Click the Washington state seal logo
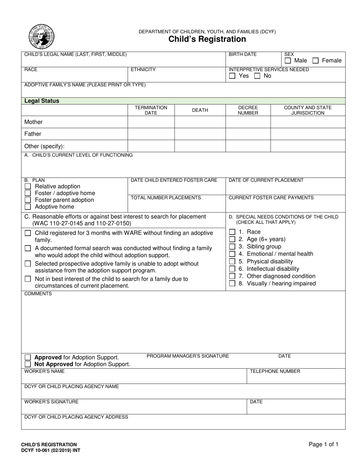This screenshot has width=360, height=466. (41, 36)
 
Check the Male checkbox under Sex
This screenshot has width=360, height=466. (288, 61)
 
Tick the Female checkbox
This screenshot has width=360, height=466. (316, 61)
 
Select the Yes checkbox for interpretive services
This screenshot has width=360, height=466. (232, 76)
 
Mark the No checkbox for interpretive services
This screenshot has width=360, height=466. (257, 76)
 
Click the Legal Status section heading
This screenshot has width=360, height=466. (42, 101)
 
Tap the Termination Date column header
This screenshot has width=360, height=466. (151, 110)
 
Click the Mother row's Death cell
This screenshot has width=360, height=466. (200, 122)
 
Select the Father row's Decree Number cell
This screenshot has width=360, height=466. (248, 134)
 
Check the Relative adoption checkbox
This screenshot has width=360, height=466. (28, 186)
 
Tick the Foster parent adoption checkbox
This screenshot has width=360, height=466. (28, 200)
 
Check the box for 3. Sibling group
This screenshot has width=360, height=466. (232, 247)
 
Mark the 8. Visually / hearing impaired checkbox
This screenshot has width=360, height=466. (232, 284)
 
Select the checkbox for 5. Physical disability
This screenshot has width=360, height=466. (232, 261)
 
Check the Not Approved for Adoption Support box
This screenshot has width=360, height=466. (28, 364)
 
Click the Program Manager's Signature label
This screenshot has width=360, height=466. (188, 356)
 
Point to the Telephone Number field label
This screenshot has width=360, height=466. (275, 371)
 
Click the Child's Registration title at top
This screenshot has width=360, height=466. (207, 39)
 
